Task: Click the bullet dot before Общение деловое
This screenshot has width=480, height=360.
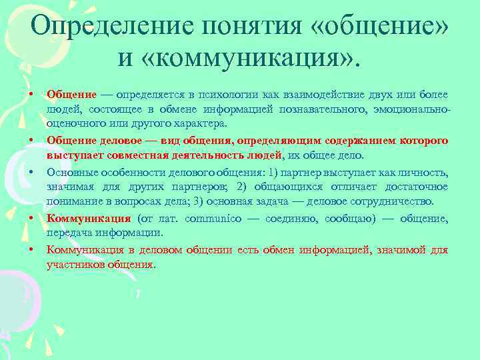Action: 32,141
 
